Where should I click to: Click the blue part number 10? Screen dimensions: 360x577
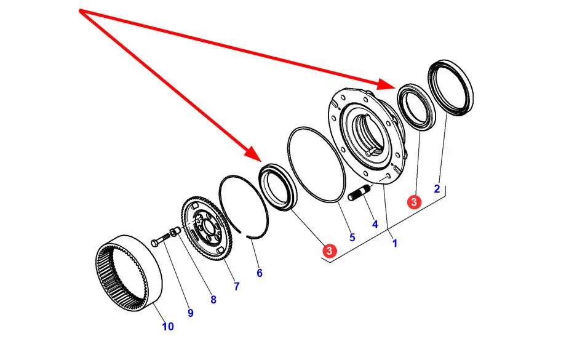(x=168, y=326)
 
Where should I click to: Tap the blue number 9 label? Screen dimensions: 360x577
(x=191, y=313)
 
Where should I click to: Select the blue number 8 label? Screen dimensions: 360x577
(x=213, y=300)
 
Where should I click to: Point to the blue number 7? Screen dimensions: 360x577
(x=236, y=286)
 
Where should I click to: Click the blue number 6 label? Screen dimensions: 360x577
(x=260, y=273)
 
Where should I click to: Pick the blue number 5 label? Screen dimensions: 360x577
(x=352, y=237)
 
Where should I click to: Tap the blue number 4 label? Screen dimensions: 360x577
(x=375, y=224)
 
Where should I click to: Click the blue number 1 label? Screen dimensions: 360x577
(x=395, y=243)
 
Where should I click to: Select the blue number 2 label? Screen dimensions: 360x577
(x=437, y=189)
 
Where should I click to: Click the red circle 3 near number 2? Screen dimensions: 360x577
(x=414, y=201)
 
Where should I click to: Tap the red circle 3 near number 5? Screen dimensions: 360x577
(x=330, y=250)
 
